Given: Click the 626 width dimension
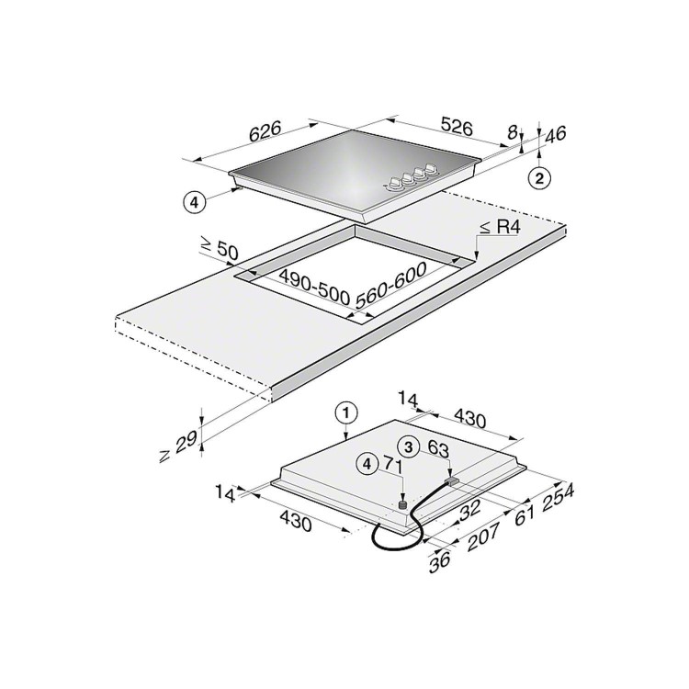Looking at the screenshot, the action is click(x=265, y=131).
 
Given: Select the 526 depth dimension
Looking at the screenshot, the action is click(x=457, y=127).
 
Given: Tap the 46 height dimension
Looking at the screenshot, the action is click(x=556, y=134).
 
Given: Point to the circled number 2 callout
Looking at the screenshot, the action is click(x=539, y=178).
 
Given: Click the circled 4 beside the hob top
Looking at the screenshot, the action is click(x=194, y=203).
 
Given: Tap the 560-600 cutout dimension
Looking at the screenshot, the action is click(x=390, y=285).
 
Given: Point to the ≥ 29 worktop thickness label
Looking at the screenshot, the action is click(x=178, y=446).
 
